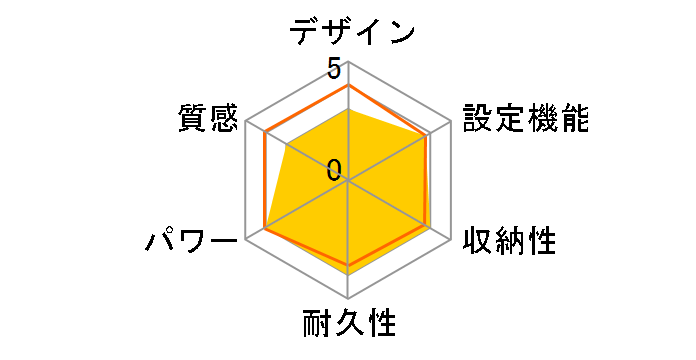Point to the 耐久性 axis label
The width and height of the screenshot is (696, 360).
(x=349, y=325)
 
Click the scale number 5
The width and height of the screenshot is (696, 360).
(x=334, y=69)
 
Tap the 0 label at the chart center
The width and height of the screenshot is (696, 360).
(x=334, y=169)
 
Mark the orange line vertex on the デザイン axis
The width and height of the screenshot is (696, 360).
(x=348, y=86)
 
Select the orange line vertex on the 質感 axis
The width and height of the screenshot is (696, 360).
(x=265, y=133)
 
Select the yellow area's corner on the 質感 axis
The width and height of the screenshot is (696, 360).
(x=288, y=146)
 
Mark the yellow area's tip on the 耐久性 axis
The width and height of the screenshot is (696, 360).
(x=348, y=274)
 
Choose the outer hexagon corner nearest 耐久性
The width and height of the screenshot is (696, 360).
(x=348, y=299)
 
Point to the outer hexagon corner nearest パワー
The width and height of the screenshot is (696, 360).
(x=246, y=240)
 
